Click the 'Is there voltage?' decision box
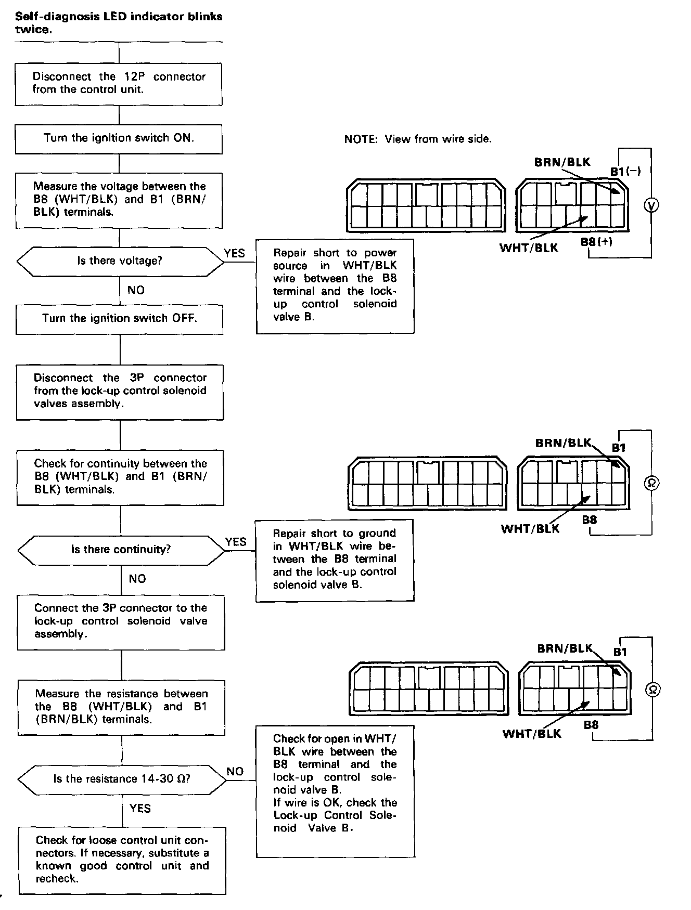click(120, 261)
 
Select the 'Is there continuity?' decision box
click(121, 550)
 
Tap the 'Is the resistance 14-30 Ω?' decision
click(122, 779)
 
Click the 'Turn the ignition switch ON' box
click(119, 138)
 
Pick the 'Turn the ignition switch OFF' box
click(120, 318)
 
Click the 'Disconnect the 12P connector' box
click(119, 83)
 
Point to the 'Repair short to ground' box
click(335, 560)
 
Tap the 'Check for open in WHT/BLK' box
click(335, 790)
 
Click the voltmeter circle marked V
click(651, 205)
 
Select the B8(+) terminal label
click(596, 242)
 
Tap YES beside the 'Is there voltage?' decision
click(234, 253)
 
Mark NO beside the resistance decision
click(235, 772)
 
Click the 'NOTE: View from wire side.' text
click(418, 139)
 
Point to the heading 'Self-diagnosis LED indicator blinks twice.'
click(119, 23)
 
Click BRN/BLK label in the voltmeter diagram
click(562, 162)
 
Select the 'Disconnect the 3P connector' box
click(120, 391)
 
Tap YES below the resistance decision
click(140, 808)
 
